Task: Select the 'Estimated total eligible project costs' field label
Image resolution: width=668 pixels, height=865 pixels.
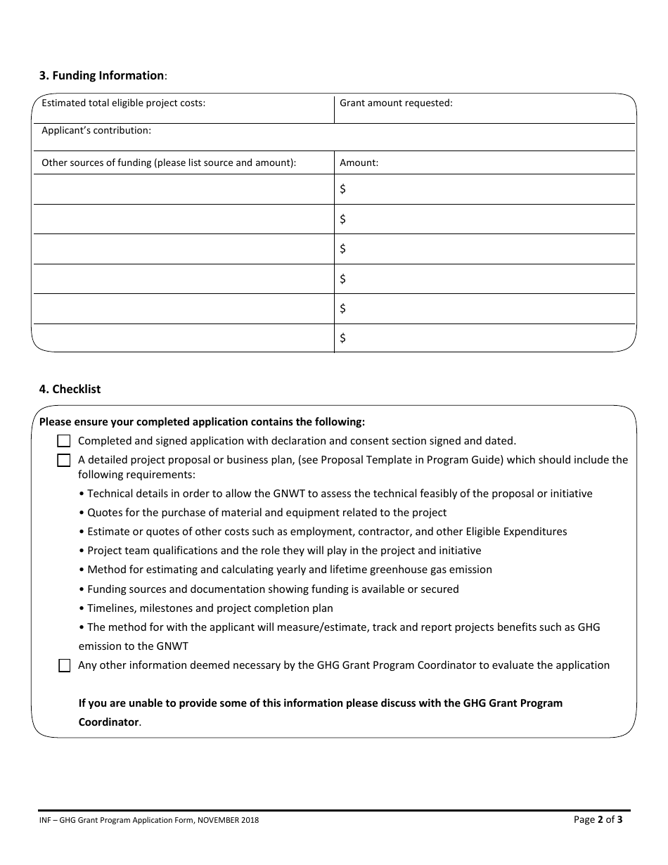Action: pyautogui.click(x=123, y=103)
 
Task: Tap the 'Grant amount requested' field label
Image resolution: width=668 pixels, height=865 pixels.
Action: pyautogui.click(x=396, y=103)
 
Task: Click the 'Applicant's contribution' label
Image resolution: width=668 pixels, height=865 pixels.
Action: pyautogui.click(x=96, y=130)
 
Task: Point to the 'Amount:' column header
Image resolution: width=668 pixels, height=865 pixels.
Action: pyautogui.click(x=359, y=162)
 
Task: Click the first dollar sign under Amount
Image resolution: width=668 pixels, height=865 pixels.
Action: pyautogui.click(x=342, y=189)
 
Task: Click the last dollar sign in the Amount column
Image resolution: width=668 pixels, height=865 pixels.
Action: pyautogui.click(x=342, y=338)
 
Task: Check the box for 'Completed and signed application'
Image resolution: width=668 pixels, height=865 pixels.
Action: pyautogui.click(x=64, y=442)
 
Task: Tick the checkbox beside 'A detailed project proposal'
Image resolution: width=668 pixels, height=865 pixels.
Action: pyautogui.click(x=64, y=461)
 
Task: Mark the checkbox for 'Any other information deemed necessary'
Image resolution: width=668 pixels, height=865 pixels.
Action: pyautogui.click(x=64, y=665)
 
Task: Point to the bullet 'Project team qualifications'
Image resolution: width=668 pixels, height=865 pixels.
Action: pyautogui.click(x=281, y=551)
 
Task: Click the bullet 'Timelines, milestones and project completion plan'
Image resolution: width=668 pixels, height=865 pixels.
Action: pyautogui.click(x=207, y=608)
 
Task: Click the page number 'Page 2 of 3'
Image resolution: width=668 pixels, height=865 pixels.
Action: pyautogui.click(x=598, y=819)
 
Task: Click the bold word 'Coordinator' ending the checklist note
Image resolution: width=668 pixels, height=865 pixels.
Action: pyautogui.click(x=108, y=722)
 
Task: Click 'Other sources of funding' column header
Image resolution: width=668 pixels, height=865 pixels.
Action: pyautogui.click(x=169, y=162)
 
